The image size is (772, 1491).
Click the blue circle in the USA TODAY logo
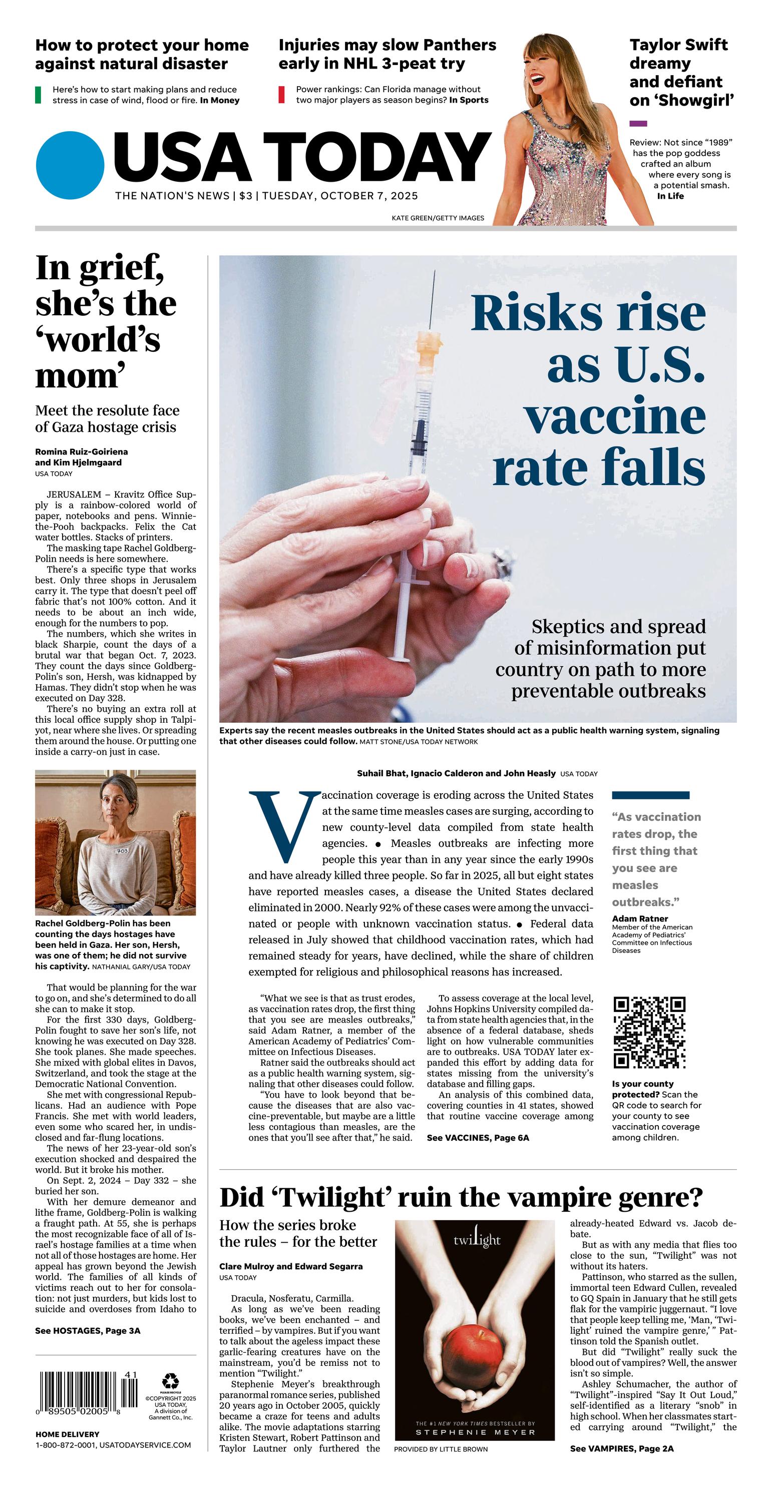click(70, 166)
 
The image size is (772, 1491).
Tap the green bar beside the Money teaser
click(38, 95)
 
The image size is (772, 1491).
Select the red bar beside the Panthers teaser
click(281, 95)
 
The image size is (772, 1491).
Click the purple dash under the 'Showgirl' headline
click(638, 123)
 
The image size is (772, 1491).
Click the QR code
click(649, 1032)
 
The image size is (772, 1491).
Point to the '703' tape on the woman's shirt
click(122, 850)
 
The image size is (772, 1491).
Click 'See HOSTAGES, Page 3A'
click(88, 1331)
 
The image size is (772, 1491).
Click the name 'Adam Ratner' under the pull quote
click(640, 918)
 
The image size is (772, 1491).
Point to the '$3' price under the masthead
click(246, 196)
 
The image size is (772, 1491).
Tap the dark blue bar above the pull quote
click(650, 795)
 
